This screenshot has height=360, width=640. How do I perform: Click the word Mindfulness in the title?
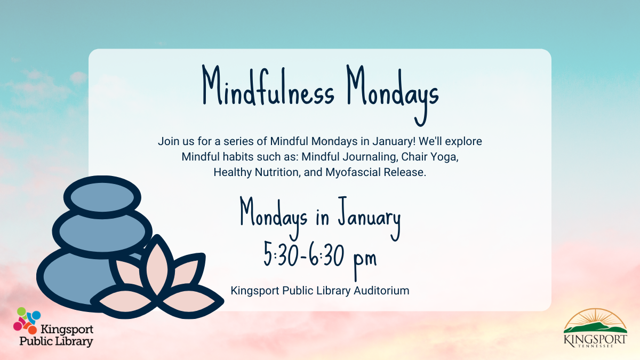click(268, 86)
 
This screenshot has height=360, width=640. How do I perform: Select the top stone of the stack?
click(102, 197)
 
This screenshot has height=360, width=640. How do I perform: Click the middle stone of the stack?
click(102, 233)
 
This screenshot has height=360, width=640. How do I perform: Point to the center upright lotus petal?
click(157, 266)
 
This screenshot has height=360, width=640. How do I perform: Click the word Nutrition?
click(277, 172)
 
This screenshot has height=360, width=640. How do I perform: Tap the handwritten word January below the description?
click(370, 219)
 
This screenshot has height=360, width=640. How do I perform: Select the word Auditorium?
click(381, 291)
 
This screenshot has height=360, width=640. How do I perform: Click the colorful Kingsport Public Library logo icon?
click(27, 321)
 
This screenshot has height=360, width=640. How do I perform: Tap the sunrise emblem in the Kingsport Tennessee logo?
click(595, 321)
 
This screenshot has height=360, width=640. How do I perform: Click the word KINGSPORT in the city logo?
click(595, 340)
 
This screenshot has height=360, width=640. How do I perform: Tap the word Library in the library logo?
click(74, 341)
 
